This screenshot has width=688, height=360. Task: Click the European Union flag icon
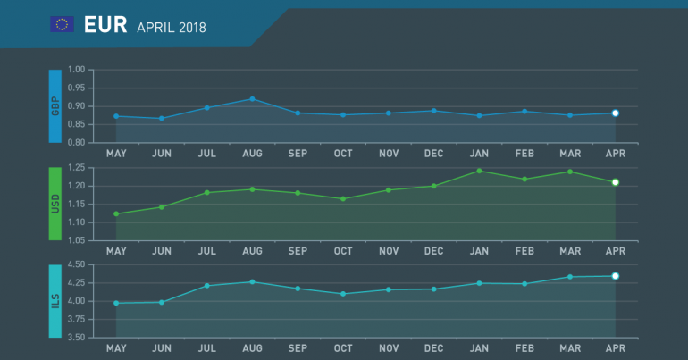(x=62, y=25)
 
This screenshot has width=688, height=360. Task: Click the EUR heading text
(x=105, y=25)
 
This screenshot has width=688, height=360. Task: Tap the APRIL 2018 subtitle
(x=172, y=27)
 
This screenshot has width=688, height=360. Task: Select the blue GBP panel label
(x=55, y=105)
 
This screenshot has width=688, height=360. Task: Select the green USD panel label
(x=55, y=204)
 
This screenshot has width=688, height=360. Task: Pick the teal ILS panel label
(x=55, y=301)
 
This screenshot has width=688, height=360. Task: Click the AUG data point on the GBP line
(x=253, y=99)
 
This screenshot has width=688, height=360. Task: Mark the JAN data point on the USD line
(x=479, y=171)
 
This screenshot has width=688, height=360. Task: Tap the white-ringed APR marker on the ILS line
(x=615, y=276)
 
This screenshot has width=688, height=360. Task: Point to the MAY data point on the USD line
(x=116, y=214)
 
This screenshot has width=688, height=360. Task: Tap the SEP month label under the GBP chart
(x=298, y=154)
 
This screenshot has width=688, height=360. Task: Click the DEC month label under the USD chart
(x=433, y=251)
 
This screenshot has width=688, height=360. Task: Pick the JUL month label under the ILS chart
(x=206, y=348)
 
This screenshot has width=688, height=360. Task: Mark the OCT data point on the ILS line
(x=343, y=294)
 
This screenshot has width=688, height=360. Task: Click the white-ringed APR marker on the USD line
(x=615, y=182)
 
